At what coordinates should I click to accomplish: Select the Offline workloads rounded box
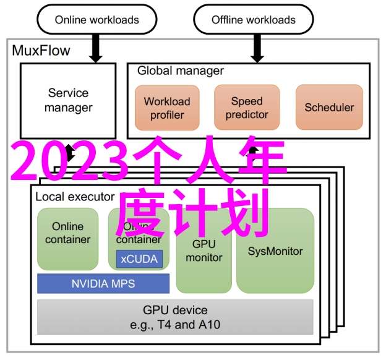(x=253, y=20)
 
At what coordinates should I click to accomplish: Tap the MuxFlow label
(x=41, y=51)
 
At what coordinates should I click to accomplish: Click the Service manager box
(x=68, y=100)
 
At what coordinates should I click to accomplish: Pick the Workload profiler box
(x=167, y=108)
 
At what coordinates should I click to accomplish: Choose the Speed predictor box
(x=247, y=108)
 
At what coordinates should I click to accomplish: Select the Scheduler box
(x=329, y=108)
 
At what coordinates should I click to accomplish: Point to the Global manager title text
(x=181, y=71)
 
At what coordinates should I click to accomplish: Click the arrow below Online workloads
(x=95, y=48)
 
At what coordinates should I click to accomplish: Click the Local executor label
(x=75, y=197)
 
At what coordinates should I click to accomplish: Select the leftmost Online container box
(x=67, y=239)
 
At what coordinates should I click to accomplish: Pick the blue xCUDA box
(x=139, y=259)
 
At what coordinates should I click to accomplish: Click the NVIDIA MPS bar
(x=103, y=284)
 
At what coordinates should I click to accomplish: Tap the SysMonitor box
(x=275, y=252)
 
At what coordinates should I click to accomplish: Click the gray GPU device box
(x=175, y=317)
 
